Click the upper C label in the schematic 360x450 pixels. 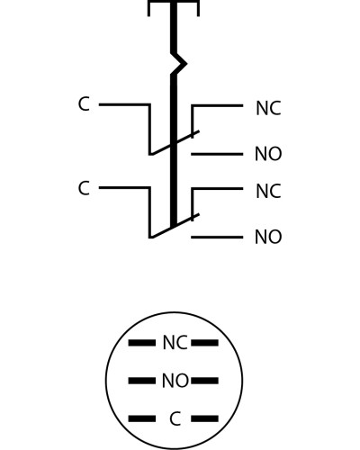[x=84, y=104]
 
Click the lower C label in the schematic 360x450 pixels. [x=84, y=188]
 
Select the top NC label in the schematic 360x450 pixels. [x=268, y=108]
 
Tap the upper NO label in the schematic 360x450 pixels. [x=268, y=154]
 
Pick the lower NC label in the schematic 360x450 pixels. [x=268, y=192]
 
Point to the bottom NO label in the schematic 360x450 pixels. [x=268, y=237]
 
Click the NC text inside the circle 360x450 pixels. [x=175, y=343]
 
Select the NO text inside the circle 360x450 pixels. [x=175, y=381]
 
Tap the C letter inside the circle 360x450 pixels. [x=175, y=418]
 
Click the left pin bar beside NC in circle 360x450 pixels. [x=142, y=343]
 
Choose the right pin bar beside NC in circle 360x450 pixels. [x=205, y=343]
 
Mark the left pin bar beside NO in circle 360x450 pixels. [x=142, y=381]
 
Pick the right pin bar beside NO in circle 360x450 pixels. [x=205, y=381]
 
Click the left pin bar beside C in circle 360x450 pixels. [x=142, y=418]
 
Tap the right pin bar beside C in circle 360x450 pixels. [x=205, y=418]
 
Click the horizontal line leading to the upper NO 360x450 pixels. [x=217, y=154]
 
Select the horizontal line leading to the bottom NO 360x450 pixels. [x=217, y=238]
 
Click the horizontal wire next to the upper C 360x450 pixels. [x=124, y=104]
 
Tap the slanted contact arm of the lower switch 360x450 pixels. [x=175, y=226]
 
